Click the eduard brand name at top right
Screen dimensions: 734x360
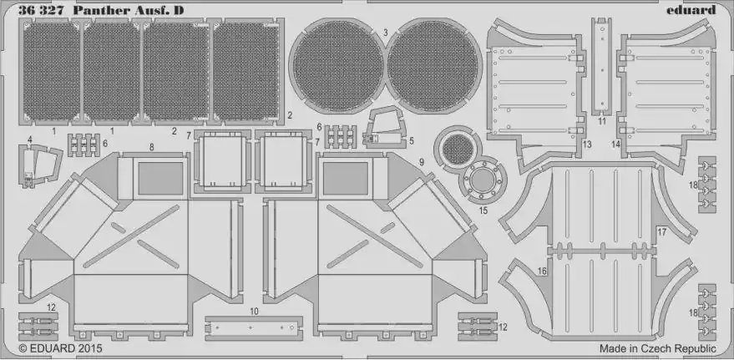[x=691, y=10]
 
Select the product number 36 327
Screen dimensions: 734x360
[x=41, y=11]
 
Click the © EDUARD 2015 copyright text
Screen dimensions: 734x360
[x=60, y=348]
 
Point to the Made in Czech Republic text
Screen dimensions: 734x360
[x=658, y=348]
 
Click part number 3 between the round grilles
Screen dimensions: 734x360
[x=385, y=33]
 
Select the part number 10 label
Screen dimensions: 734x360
[x=254, y=311]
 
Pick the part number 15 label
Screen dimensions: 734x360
[x=483, y=210]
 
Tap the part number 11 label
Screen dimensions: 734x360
[x=602, y=121]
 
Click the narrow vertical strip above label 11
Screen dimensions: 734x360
[x=601, y=66]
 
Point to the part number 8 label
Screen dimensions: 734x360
[x=152, y=147]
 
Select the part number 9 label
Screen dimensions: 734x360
[x=422, y=162]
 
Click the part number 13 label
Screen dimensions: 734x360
[x=587, y=145]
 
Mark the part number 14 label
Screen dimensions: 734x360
[x=615, y=145]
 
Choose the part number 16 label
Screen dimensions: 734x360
[x=542, y=271]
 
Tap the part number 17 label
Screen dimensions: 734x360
[x=662, y=231]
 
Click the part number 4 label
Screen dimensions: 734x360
[x=30, y=139]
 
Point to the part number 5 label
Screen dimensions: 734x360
[x=411, y=140]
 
